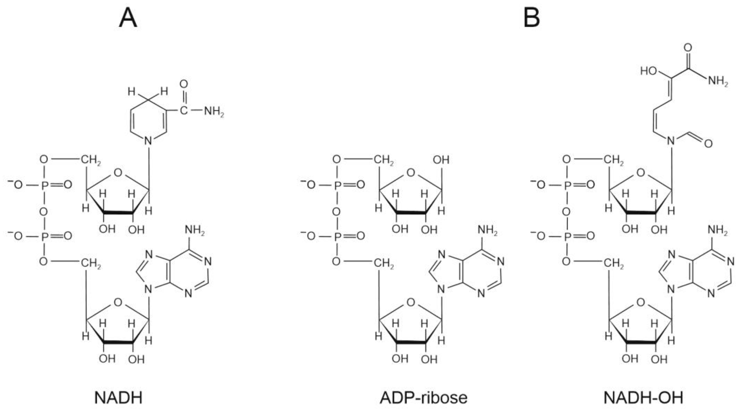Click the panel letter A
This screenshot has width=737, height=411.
coord(128,18)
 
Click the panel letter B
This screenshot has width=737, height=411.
coord(531,18)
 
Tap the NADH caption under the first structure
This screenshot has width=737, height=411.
coord(118,398)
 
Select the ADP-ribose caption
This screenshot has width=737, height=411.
coord(424,398)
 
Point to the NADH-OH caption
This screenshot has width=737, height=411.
coord(643,398)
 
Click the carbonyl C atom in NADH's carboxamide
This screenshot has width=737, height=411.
coord(184,110)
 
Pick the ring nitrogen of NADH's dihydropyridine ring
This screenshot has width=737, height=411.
coord(148,141)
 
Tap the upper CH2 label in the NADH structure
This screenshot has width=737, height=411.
coord(90,160)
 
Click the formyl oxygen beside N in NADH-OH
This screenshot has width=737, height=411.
coord(708,143)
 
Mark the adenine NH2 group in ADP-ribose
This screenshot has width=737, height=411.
coord(488,230)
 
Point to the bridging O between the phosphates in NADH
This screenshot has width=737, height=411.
coord(43,212)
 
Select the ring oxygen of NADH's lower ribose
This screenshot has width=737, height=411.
coord(118,302)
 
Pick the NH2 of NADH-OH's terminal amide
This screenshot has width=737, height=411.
coord(718,81)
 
